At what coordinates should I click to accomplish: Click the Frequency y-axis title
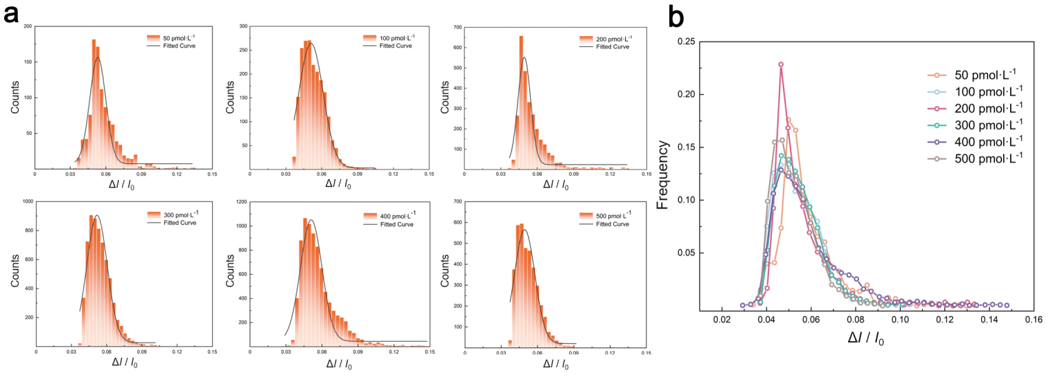coord(662,174)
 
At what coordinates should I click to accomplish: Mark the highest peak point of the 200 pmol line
coord(781,64)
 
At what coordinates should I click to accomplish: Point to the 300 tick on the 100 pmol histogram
coord(243,26)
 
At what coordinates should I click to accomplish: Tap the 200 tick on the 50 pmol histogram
coord(28,26)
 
